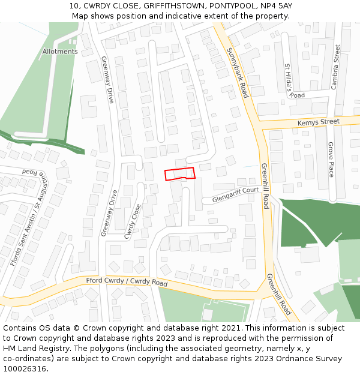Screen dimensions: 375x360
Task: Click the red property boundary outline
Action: [180, 174]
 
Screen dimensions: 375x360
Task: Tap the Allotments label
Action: [60, 52]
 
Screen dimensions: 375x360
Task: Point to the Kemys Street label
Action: [318, 122]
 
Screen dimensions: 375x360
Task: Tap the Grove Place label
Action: [331, 159]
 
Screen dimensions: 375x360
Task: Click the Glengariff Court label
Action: [235, 194]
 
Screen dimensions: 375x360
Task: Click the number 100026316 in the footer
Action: [25, 369]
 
